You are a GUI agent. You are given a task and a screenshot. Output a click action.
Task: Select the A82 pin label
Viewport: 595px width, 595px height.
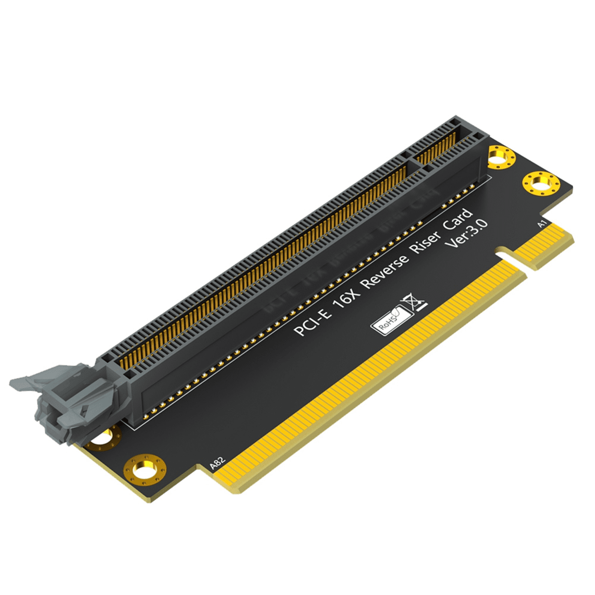tap(218, 464)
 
